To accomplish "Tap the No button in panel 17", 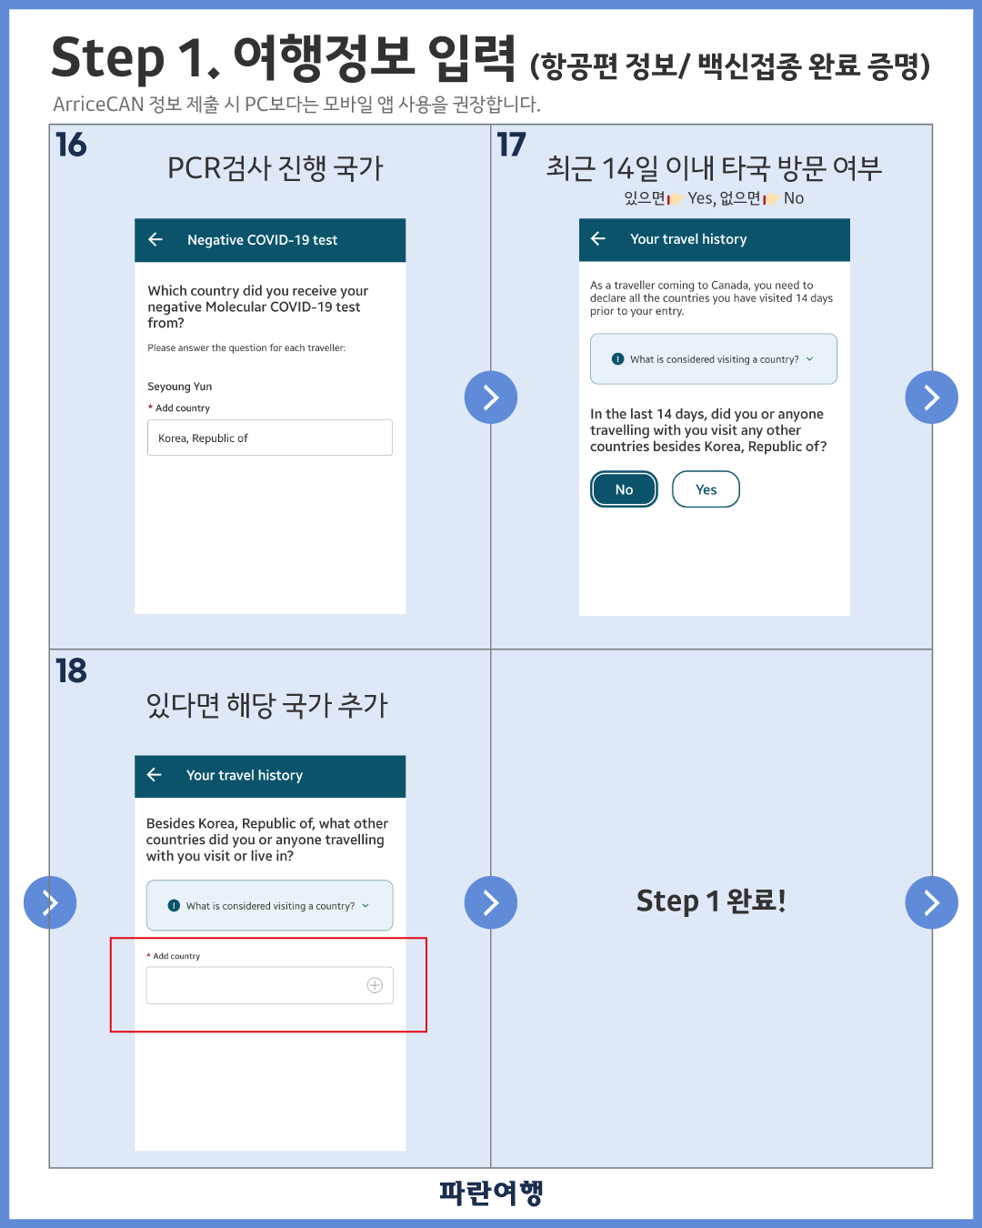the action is coord(624,489).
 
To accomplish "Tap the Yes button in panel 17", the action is coord(706,489).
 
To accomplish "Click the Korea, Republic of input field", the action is coord(270,438).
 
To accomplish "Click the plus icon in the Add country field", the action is coord(375,985).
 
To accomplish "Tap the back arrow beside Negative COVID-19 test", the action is coord(155,239).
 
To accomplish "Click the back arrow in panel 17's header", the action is coord(598,238).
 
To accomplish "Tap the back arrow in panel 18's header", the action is coord(154,774).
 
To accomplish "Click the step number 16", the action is coord(71,145).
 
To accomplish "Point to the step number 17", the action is coord(511,145).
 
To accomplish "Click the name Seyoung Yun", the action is coord(180,387).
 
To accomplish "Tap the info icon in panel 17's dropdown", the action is coord(617,359).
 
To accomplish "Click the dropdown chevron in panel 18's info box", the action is coord(366,906).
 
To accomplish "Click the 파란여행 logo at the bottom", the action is coord(491,1193).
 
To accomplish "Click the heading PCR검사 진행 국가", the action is coord(275,169).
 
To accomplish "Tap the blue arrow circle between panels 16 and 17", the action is coord(491,398).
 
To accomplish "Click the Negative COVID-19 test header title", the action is coord(263,239).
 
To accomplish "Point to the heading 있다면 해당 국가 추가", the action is coord(267,705).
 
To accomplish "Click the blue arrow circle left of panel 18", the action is coord(50,902).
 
